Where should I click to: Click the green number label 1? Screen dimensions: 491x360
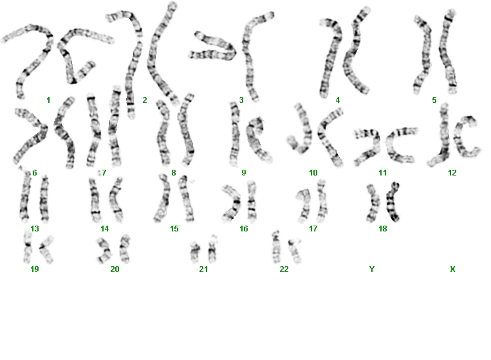point(48,100)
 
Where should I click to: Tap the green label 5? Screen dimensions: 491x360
point(434,100)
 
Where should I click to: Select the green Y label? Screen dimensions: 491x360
point(372,269)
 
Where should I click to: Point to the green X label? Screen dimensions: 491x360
point(452,269)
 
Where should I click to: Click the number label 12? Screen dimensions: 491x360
point(452,173)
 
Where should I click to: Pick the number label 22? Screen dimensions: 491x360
point(284,269)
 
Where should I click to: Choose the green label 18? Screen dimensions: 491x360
point(383,229)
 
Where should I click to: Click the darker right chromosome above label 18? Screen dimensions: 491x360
point(392,202)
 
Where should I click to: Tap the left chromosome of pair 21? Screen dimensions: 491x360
point(196,252)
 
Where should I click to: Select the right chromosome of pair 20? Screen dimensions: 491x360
point(125,249)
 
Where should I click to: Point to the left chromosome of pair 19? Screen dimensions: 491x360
point(28,246)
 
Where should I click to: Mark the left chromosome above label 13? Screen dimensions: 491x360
point(25,197)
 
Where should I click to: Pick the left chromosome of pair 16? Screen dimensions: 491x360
point(232,203)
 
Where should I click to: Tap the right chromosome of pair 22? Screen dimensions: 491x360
point(295,250)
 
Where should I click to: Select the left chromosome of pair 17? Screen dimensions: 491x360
point(304,205)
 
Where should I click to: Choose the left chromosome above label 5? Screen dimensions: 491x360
point(423,55)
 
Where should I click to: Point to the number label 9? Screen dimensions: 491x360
point(244,173)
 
